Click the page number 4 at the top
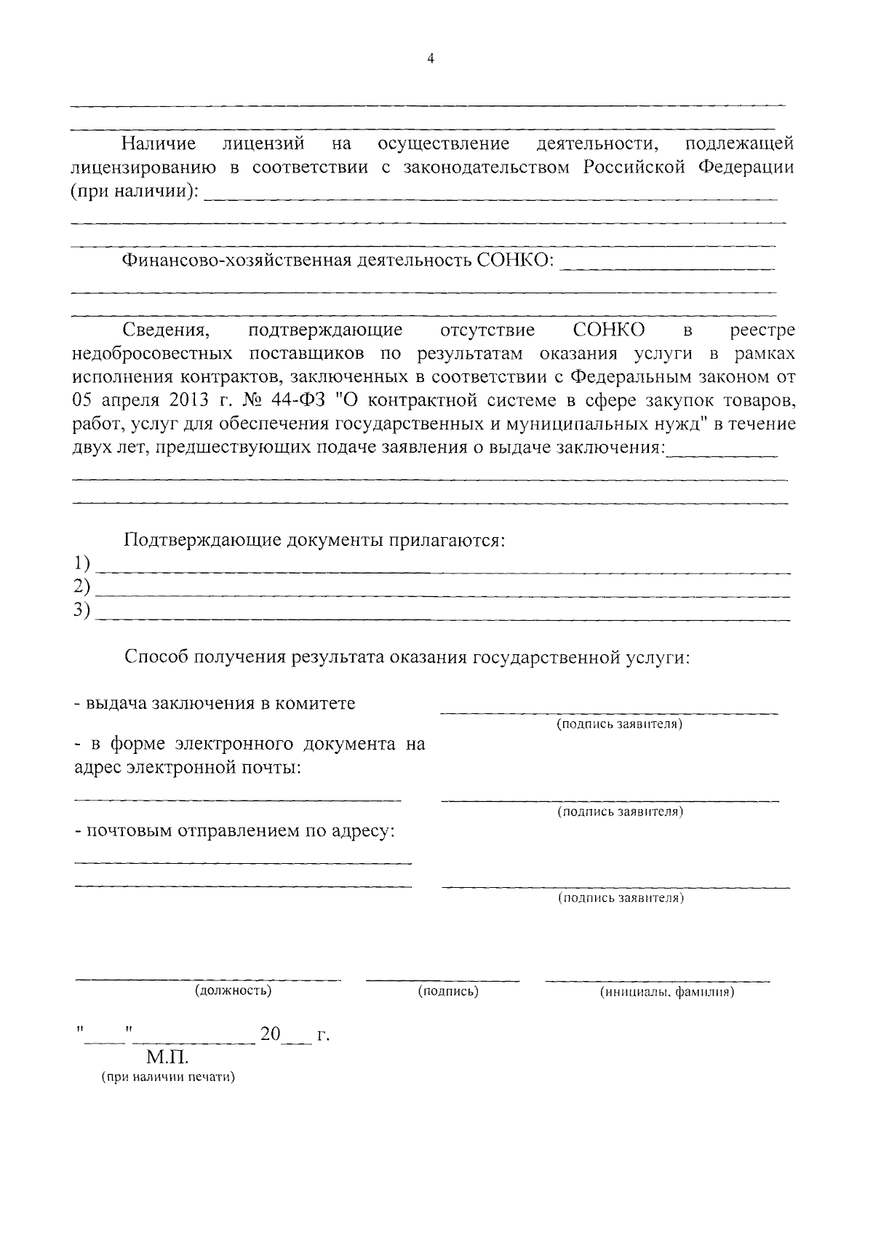(x=431, y=60)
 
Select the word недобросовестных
(x=153, y=354)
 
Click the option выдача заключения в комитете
(x=215, y=704)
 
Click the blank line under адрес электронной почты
(x=237, y=799)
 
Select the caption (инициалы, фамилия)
(x=666, y=992)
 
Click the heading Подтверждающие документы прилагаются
(x=314, y=541)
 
